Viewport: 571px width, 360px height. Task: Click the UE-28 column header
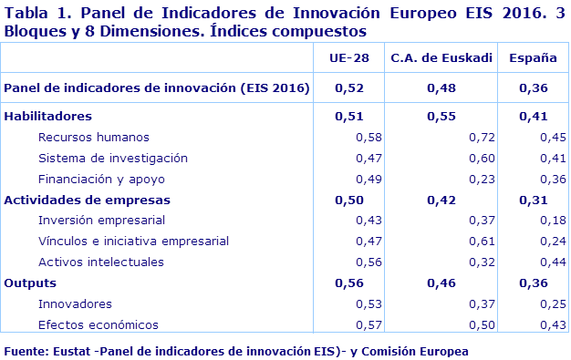(x=349, y=58)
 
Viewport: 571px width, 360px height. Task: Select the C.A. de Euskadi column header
(x=441, y=58)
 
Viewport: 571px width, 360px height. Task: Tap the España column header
(x=534, y=58)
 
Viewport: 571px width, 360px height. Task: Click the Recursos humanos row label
(x=93, y=138)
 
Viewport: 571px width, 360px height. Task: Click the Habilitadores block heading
(x=48, y=117)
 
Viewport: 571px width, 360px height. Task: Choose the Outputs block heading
(x=31, y=283)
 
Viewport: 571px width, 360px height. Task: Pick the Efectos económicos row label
(x=98, y=324)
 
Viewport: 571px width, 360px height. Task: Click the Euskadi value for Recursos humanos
(x=481, y=138)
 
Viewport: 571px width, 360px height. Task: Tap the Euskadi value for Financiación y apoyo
(x=481, y=179)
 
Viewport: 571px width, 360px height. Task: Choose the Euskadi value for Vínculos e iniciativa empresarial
(x=481, y=242)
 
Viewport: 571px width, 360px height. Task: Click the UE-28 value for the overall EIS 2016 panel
(x=349, y=88)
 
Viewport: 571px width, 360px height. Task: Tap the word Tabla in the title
(x=28, y=13)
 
